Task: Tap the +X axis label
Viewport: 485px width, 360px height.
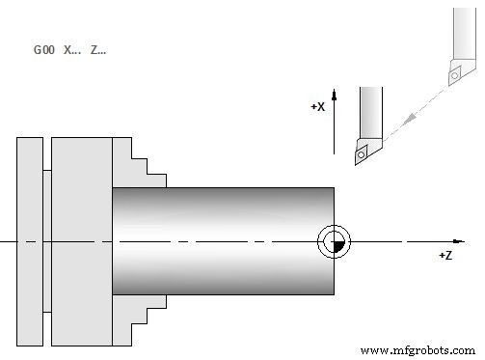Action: click(x=317, y=107)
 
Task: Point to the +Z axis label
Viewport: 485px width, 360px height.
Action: click(x=445, y=255)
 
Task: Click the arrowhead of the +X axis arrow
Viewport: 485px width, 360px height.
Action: click(x=333, y=93)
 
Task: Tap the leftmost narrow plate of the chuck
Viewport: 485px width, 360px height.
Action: click(x=30, y=240)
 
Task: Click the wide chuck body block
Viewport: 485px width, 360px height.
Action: click(x=81, y=240)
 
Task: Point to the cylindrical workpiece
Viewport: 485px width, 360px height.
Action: click(x=222, y=240)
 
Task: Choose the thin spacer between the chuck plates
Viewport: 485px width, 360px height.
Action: click(x=47, y=240)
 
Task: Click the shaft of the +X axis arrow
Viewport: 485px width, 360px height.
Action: click(x=333, y=125)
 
